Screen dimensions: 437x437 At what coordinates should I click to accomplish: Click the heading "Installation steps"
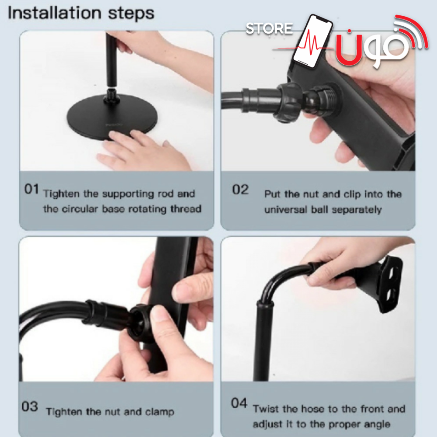point(81,14)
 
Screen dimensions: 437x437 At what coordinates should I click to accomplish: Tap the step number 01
point(31,189)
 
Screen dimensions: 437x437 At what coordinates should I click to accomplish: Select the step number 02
point(240,190)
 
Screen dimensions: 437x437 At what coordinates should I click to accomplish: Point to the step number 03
point(30,406)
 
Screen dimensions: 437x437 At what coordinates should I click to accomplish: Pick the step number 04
point(239,403)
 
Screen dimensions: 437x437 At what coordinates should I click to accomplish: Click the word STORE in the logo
point(269,28)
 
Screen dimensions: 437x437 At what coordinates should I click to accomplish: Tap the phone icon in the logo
point(313,41)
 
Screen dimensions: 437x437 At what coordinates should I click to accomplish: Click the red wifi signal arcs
point(413,31)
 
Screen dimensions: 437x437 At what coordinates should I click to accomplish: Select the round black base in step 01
point(112,116)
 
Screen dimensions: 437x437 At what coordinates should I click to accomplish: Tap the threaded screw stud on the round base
point(112,97)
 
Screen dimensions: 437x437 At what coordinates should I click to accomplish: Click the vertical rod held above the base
point(111,59)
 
